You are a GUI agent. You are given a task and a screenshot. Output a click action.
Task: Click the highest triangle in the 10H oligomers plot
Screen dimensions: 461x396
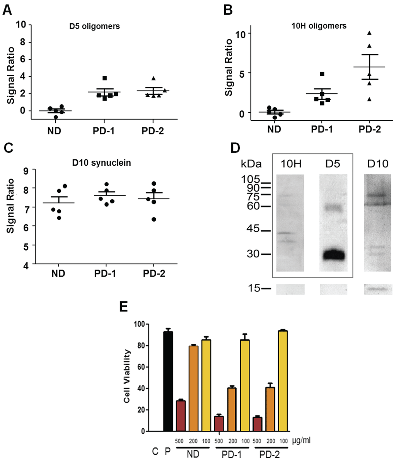(x=370, y=33)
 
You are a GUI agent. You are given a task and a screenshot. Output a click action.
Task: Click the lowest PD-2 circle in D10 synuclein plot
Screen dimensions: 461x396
(x=154, y=219)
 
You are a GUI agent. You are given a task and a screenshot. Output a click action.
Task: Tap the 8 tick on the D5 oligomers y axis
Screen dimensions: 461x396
(x=23, y=42)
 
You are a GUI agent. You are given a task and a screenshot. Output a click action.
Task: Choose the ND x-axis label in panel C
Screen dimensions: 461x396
(x=58, y=274)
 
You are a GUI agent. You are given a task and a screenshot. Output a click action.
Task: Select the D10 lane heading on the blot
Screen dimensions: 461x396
(x=377, y=164)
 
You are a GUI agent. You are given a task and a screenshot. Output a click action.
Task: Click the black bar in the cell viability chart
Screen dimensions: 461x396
(x=168, y=381)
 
